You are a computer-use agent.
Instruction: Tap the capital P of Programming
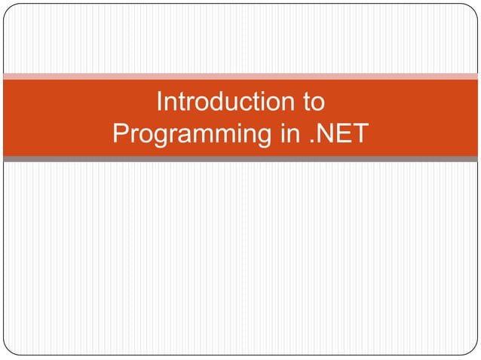pyautogui.click(x=120, y=133)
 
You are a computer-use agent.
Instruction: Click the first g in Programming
pyautogui.click(x=160, y=137)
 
